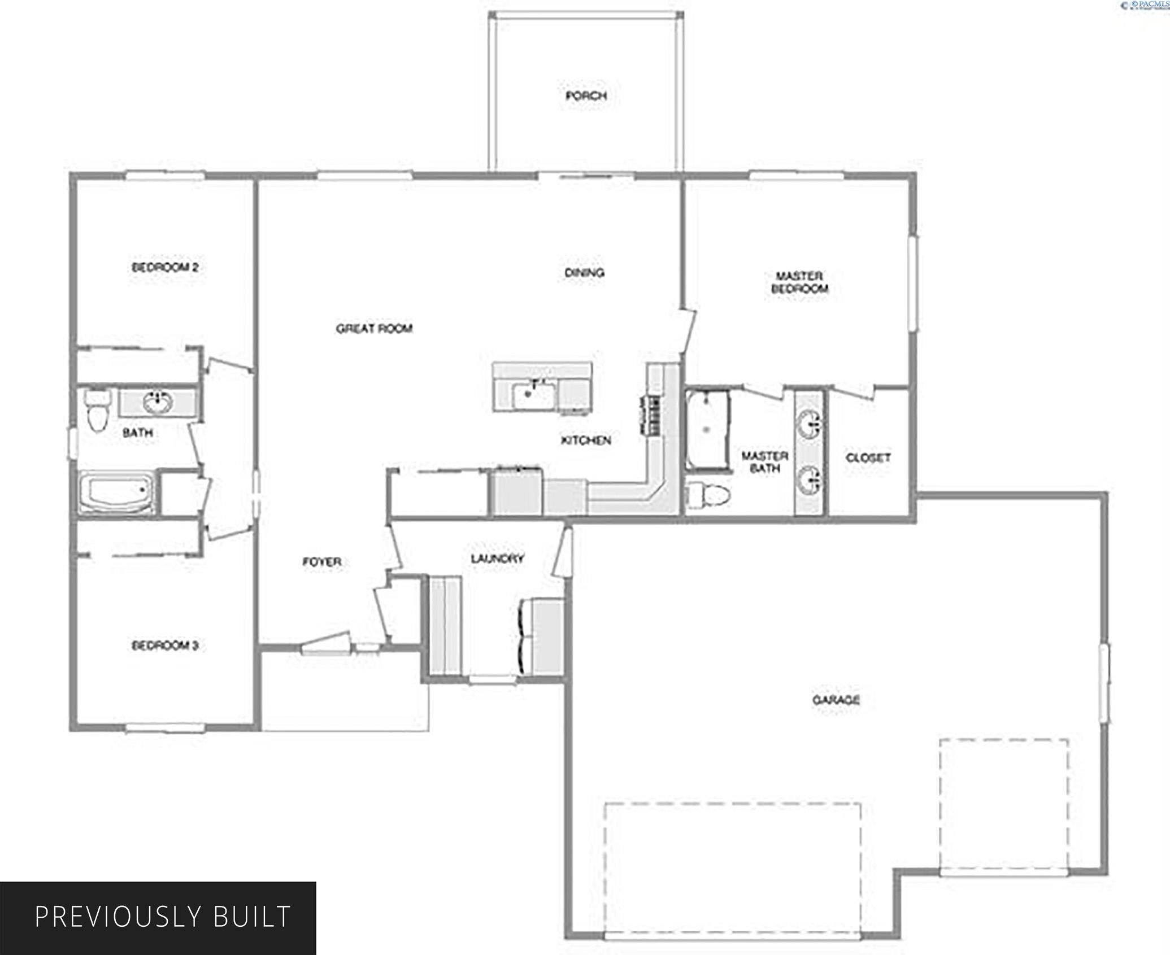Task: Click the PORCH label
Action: coord(586,96)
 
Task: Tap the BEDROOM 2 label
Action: coord(164,267)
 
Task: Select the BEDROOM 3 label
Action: coord(164,645)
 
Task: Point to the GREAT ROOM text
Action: coord(374,328)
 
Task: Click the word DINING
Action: coord(584,273)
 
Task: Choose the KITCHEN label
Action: coord(586,440)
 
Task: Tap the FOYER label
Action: coord(321,561)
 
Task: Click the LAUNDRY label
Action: coord(497,558)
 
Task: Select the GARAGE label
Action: coord(836,700)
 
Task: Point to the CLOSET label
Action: coord(868,457)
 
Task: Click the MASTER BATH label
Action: coord(764,462)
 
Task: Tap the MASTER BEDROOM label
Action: coord(799,282)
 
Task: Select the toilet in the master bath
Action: coord(708,495)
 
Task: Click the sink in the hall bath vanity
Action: coord(157,402)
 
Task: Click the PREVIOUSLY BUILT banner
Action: coord(158,917)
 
